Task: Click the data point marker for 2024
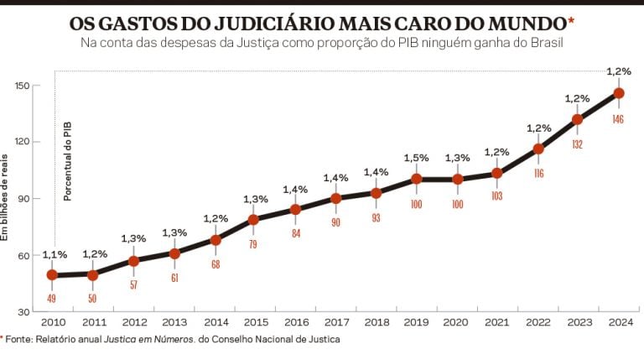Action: (618, 93)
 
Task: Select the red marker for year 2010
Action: (52, 274)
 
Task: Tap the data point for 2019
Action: (416, 179)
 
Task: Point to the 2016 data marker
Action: (295, 209)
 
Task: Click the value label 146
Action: (618, 120)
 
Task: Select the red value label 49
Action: (52, 297)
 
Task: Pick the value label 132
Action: (577, 144)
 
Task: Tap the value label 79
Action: (254, 244)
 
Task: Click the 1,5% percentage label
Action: (416, 158)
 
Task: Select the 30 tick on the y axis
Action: (24, 311)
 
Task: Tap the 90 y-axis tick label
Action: (24, 199)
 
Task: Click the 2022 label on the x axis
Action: (538, 323)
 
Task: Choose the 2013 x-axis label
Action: (174, 323)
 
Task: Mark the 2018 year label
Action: (376, 323)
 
